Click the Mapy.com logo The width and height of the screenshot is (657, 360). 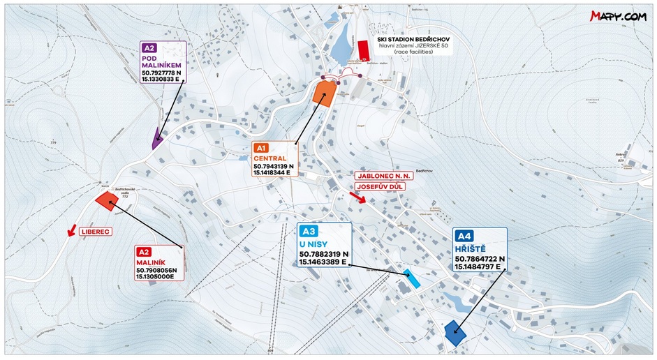[617, 16]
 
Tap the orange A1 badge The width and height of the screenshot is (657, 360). [262, 148]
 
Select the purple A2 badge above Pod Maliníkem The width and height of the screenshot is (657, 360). [149, 48]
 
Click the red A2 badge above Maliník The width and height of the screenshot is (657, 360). [144, 252]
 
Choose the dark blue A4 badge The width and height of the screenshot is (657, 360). [465, 235]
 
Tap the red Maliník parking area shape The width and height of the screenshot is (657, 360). [107, 201]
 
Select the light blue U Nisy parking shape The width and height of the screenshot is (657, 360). [412, 278]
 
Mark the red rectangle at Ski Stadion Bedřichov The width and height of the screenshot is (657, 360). [362, 50]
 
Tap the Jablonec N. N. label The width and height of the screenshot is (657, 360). [383, 177]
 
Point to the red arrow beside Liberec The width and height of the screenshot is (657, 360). [71, 231]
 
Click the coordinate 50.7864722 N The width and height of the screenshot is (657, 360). [480, 259]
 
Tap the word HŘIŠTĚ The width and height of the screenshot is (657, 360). [472, 248]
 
